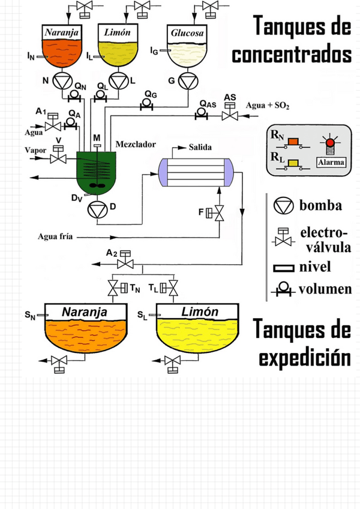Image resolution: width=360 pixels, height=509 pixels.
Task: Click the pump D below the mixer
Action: coord(97,210)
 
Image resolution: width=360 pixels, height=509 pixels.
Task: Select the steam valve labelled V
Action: coord(58,158)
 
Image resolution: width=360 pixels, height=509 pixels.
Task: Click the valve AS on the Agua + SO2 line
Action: coord(229,115)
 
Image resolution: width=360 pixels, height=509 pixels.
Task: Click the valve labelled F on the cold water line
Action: coord(220,213)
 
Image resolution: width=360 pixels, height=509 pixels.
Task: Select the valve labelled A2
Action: coord(125,263)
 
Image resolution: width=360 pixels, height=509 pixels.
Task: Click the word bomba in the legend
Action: coord(321,205)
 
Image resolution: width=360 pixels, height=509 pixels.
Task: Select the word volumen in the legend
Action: coord(326,289)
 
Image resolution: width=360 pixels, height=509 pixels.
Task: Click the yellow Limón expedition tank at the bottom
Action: coord(200,333)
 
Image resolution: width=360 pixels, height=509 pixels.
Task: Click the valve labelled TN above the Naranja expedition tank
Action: coord(113,289)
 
